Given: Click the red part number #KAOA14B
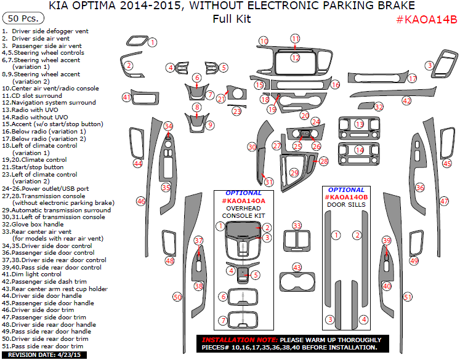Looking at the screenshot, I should click(426, 19).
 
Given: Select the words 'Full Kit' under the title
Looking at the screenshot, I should click(232, 18).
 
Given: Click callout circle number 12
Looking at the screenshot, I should click(296, 57).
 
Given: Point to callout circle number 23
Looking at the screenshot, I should click(237, 111).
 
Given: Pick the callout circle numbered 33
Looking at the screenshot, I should click(297, 226).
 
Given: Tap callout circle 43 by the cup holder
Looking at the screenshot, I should click(297, 268).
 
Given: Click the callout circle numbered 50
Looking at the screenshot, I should click(177, 297).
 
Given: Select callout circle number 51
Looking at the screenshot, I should click(407, 297).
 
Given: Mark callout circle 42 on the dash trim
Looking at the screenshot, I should click(406, 100).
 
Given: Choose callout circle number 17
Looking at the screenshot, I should click(412, 78).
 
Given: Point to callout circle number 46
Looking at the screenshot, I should click(141, 201).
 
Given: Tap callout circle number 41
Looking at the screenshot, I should click(126, 97).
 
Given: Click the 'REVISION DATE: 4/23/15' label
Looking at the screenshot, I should click(38, 355).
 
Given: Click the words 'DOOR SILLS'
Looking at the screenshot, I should click(346, 204).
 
